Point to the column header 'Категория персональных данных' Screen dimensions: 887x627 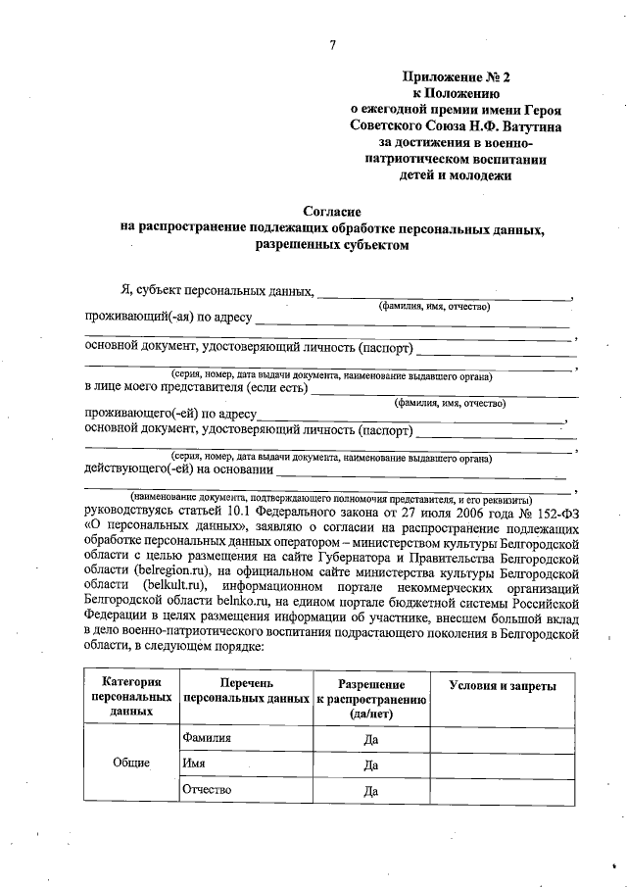pos(125,697)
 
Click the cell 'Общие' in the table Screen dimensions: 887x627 pos(130,764)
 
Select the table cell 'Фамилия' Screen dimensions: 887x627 pos(206,738)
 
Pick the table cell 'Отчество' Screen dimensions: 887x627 pos(205,790)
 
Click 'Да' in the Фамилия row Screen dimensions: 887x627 pos(370,739)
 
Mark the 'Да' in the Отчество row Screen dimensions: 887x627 pos(370,791)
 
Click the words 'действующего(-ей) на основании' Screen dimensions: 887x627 pos(170,468)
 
